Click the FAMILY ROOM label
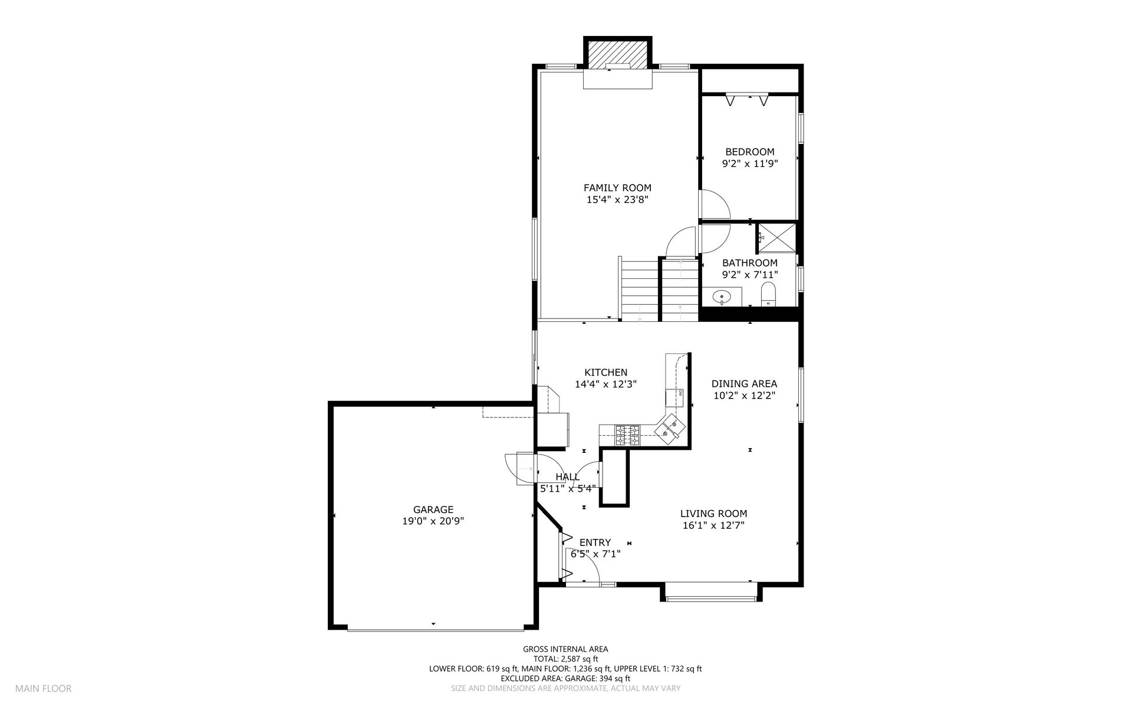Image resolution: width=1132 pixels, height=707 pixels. pyautogui.click(x=617, y=188)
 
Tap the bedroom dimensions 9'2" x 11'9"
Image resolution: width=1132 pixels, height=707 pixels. pyautogui.click(x=750, y=164)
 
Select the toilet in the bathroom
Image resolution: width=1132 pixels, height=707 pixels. pyautogui.click(x=768, y=294)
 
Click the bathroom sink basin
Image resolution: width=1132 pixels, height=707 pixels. pyautogui.click(x=722, y=297)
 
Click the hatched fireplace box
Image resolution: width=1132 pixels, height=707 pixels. pyautogui.click(x=617, y=54)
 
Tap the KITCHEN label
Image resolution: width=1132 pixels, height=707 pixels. pyautogui.click(x=606, y=373)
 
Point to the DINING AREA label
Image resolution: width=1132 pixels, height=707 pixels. pyautogui.click(x=744, y=384)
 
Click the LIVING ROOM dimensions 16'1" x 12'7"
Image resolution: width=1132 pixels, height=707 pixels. pyautogui.click(x=714, y=525)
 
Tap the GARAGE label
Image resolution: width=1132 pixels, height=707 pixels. pyautogui.click(x=433, y=509)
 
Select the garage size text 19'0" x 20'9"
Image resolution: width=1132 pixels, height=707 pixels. pyautogui.click(x=433, y=521)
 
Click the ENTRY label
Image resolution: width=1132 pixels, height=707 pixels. pyautogui.click(x=595, y=542)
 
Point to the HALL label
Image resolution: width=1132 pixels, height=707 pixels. pyautogui.click(x=567, y=477)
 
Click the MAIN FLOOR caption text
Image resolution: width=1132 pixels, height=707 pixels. pyautogui.click(x=43, y=688)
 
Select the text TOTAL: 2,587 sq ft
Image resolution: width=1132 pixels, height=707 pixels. pyautogui.click(x=565, y=659)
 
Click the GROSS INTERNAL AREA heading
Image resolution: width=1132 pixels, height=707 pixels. pyautogui.click(x=565, y=649)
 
